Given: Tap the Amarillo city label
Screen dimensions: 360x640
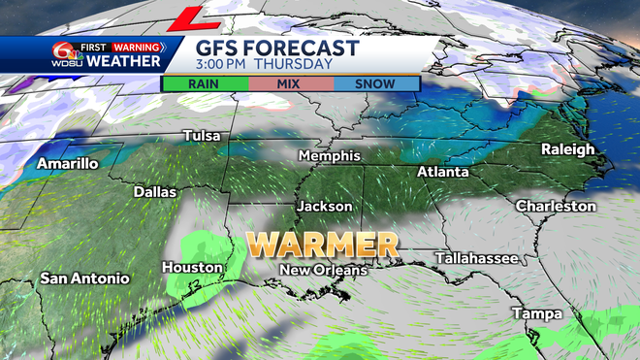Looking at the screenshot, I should pos(68,164).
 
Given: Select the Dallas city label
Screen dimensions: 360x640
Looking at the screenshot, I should pos(155,192).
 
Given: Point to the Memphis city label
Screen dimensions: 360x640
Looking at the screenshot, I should pos(330,156).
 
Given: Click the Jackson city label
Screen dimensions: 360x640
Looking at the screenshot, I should pos(325,207).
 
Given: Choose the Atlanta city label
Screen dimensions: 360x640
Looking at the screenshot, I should pos(442,172).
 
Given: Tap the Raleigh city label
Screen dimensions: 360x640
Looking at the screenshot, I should pos(568,149).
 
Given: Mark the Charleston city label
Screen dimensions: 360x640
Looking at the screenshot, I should pos(556,206).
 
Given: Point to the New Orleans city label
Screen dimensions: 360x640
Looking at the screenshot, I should pos(323,270).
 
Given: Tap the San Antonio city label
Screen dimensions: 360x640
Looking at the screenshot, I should pos(84,278).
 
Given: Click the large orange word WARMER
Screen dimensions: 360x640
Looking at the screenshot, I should pos(322,243).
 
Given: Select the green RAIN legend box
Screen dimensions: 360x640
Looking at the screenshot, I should pos(203,83).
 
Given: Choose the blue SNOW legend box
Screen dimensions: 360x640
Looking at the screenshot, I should pos(375,83).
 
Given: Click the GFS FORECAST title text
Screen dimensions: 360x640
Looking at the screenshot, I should pos(277,48).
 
